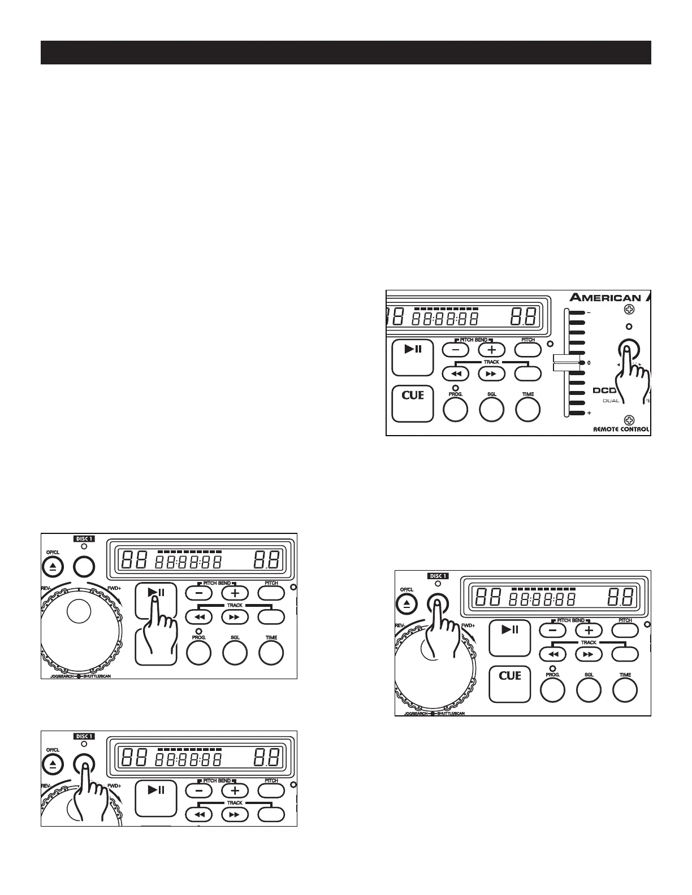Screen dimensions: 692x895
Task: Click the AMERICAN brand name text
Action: click(x=605, y=298)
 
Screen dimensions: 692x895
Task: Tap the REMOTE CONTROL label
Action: click(x=621, y=429)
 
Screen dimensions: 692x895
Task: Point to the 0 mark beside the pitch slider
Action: click(x=589, y=363)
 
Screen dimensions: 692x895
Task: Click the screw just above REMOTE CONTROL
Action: click(x=629, y=419)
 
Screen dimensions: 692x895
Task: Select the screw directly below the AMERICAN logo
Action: click(x=629, y=310)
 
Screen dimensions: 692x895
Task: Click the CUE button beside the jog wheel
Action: click(x=509, y=684)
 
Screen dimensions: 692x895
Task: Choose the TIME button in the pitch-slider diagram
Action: click(x=527, y=409)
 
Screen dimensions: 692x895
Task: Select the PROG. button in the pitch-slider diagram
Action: click(x=455, y=409)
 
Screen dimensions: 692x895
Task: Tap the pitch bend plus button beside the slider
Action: click(x=491, y=350)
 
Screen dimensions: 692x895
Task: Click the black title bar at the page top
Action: click(x=346, y=53)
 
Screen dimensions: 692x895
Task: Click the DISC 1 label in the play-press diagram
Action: click(x=84, y=538)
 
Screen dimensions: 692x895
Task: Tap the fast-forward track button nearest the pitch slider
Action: click(x=491, y=373)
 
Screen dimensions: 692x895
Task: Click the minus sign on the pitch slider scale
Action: click(x=589, y=312)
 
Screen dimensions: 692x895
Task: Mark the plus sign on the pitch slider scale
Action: click(x=589, y=413)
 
